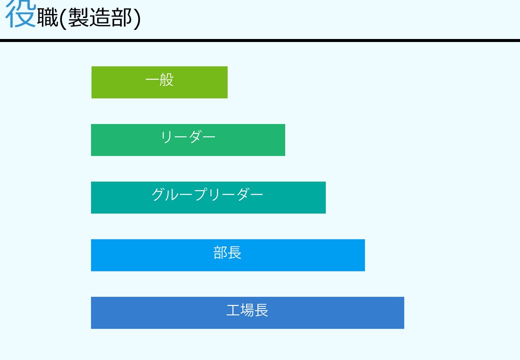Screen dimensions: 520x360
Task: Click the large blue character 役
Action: pos(21,13)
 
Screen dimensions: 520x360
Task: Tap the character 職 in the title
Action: pos(48,17)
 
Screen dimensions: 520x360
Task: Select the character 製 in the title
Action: pos(78,17)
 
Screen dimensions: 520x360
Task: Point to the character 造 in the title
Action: pos(100,17)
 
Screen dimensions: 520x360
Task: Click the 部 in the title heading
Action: pos(121,17)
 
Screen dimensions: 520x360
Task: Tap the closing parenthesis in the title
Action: pos(137,18)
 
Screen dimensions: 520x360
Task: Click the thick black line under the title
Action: pos(260,40)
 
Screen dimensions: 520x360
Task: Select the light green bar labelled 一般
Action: pos(159,82)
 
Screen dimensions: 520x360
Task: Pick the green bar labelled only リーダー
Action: pos(188,140)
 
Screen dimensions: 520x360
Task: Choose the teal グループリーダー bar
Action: pos(208,197)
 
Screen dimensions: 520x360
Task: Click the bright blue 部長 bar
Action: pos(228,255)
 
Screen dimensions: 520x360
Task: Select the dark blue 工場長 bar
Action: pos(247,313)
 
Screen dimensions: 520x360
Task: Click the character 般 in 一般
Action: pos(166,80)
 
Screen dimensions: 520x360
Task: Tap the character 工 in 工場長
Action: pos(233,310)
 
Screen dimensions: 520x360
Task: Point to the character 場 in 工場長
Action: pos(247,310)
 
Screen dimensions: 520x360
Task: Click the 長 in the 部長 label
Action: pos(234,252)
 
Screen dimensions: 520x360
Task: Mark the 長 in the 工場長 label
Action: pos(261,310)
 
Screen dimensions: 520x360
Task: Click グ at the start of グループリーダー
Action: pos(158,194)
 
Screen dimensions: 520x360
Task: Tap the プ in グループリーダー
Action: pos(201,194)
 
